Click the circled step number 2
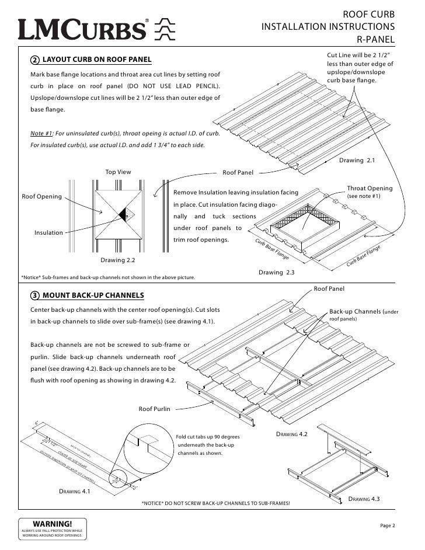pyautogui.click(x=35, y=60)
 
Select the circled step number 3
pyautogui.click(x=35, y=294)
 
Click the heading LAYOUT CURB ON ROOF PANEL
pyautogui.click(x=97, y=60)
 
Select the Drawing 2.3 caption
pyautogui.click(x=276, y=273)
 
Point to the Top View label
pyautogui.click(x=118, y=172)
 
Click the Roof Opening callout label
pyautogui.click(x=41, y=197)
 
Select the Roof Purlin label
pyautogui.click(x=154, y=409)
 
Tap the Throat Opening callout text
pyautogui.click(x=370, y=189)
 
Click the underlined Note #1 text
pyautogui.click(x=41, y=134)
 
